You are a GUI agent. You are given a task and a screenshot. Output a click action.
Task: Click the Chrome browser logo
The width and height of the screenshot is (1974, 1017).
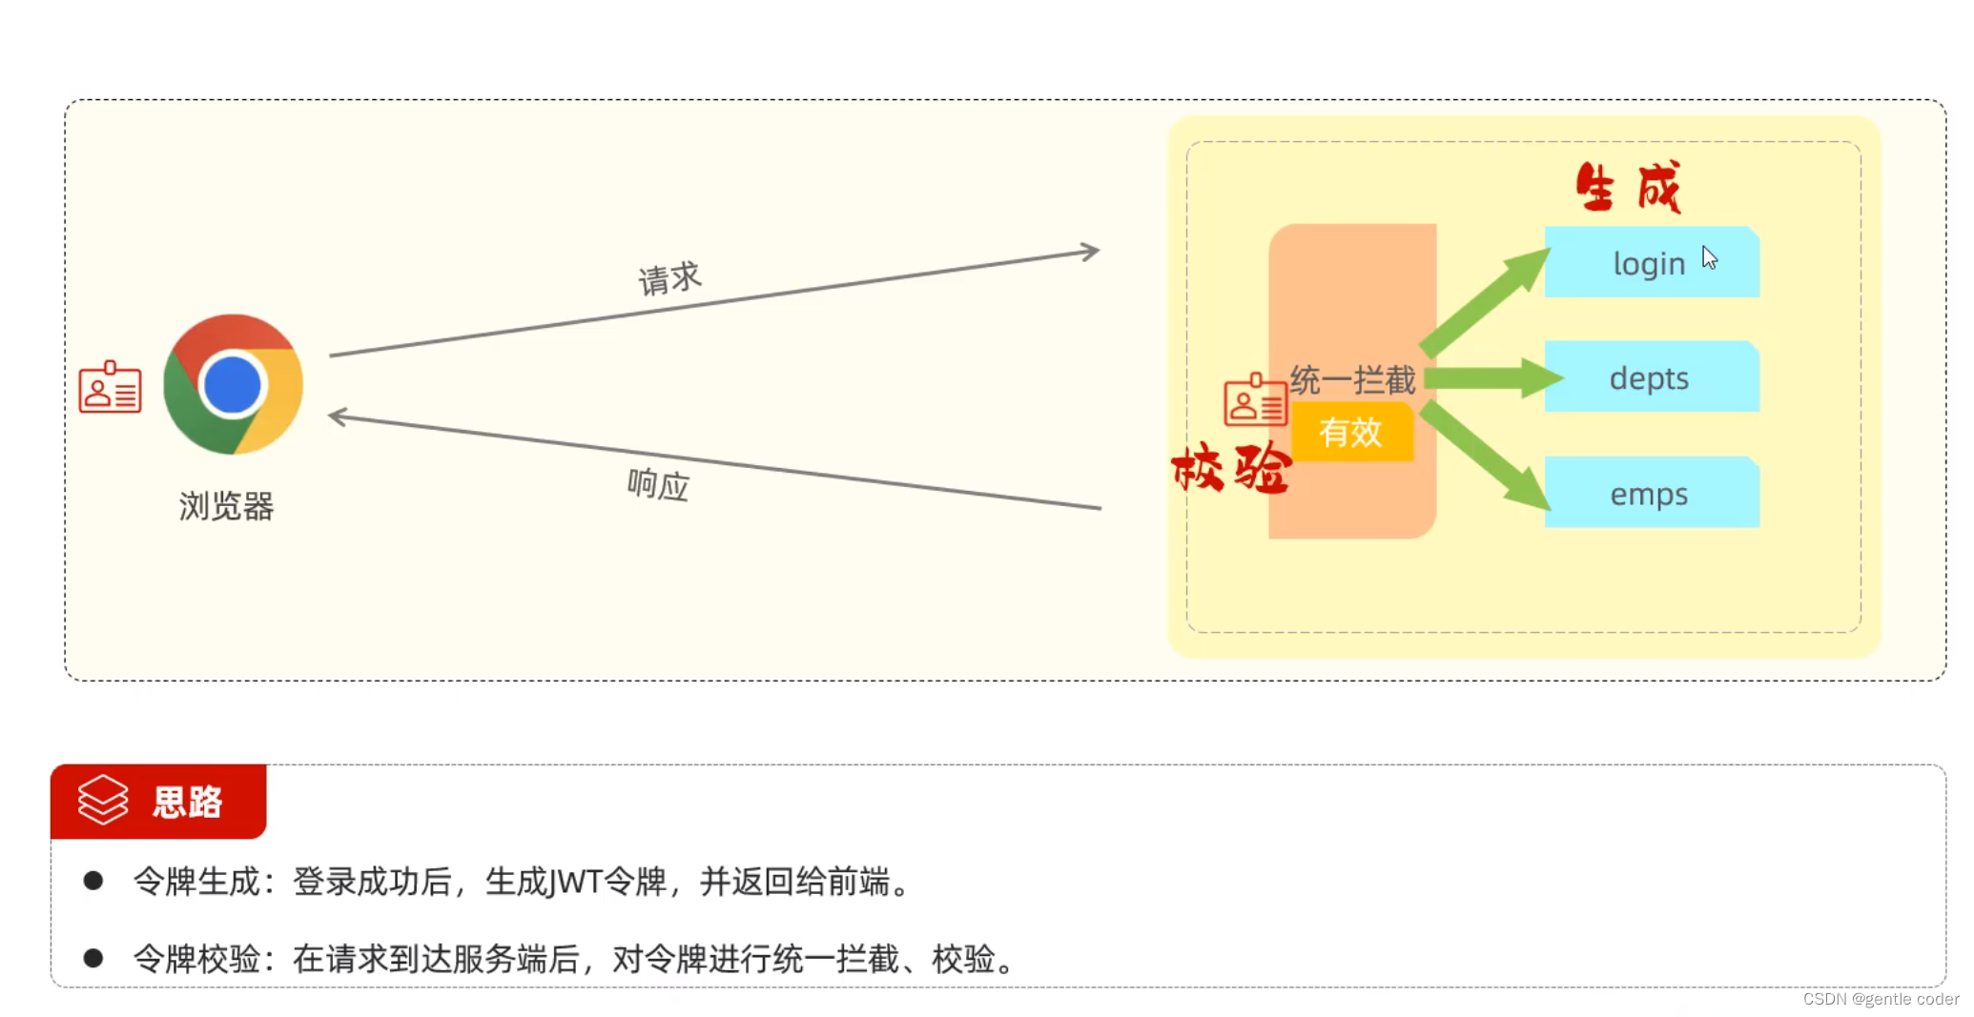coord(233,384)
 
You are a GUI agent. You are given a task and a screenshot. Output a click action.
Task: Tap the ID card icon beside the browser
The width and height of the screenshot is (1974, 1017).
coord(110,387)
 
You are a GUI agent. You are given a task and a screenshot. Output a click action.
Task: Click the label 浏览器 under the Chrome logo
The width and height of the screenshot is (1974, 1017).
coord(226,505)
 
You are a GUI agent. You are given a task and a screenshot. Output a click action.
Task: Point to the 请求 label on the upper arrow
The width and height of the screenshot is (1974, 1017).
coord(669,278)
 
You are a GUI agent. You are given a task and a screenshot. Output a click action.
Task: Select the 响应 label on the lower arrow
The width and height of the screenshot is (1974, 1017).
coord(658,484)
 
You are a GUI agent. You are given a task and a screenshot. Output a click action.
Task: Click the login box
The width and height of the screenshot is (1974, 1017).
coord(1652,262)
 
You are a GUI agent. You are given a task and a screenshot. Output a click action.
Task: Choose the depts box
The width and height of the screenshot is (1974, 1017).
coord(1652,376)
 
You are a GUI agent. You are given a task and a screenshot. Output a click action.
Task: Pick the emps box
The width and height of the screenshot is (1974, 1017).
coord(1652,492)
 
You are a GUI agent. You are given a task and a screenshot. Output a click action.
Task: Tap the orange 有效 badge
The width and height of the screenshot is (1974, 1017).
coord(1352,432)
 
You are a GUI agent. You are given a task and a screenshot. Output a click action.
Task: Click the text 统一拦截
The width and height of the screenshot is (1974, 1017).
coord(1353,380)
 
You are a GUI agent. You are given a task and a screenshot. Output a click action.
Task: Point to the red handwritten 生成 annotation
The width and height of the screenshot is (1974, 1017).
coord(1628,187)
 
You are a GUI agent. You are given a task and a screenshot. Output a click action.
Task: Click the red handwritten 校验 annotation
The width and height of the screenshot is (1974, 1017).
coord(1231,468)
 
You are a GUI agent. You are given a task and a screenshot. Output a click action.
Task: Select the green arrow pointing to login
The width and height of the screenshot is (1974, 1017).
coord(1485,300)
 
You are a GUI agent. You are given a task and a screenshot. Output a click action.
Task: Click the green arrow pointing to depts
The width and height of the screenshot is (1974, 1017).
coord(1493,378)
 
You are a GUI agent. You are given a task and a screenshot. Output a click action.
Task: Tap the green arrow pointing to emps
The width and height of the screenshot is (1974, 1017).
coord(1485,456)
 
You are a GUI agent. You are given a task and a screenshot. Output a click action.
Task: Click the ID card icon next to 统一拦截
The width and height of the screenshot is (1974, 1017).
coord(1255,399)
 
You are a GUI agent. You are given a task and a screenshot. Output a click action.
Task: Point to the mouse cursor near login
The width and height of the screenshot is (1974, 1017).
coord(1709,257)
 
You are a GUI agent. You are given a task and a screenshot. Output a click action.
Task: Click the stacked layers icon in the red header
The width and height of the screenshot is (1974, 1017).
coord(102,799)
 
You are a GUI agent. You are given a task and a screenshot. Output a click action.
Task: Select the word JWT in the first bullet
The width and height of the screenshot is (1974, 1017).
coord(575,882)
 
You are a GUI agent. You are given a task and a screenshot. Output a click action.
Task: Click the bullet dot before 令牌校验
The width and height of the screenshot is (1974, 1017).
coord(93,957)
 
